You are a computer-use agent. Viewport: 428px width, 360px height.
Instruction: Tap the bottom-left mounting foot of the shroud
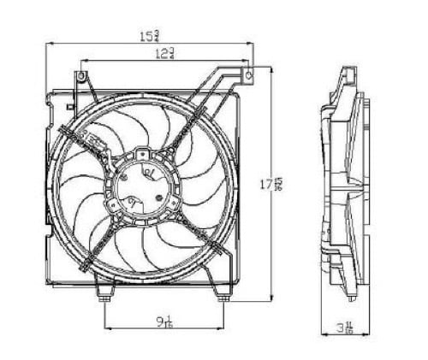pos(104,296)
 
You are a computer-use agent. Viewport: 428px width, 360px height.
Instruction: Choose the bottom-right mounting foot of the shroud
pos(223,296)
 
